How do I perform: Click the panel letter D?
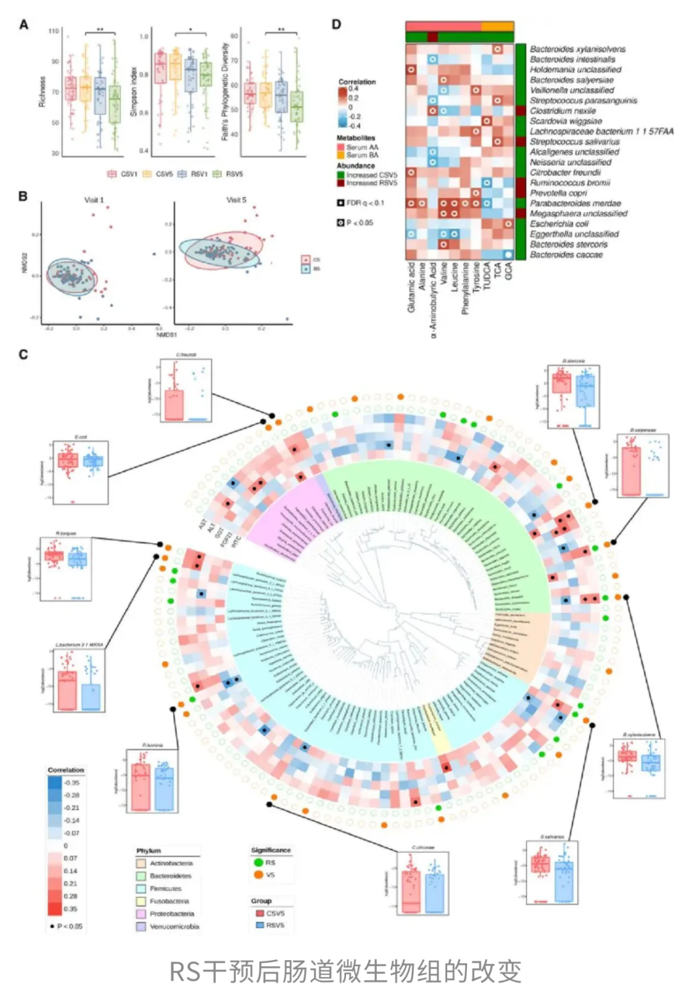click(336, 24)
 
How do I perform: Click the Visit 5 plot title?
click(236, 200)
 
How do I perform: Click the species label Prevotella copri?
click(557, 193)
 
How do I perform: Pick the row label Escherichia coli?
click(559, 224)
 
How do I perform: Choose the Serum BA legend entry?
click(362, 155)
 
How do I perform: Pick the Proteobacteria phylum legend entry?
click(171, 913)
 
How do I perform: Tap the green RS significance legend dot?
click(258, 862)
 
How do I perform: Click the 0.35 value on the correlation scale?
click(70, 908)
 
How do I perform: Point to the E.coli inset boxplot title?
click(81, 437)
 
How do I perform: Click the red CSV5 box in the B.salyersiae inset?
click(631, 471)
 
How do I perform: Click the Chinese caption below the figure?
click(345, 971)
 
